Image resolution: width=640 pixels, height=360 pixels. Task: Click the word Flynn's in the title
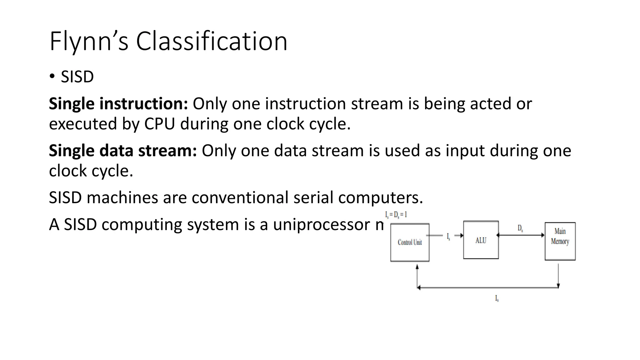[89, 41]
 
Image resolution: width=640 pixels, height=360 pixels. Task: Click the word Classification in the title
[211, 41]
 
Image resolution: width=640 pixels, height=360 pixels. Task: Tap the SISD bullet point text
[77, 77]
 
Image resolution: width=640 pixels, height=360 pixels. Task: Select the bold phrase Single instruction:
[118, 104]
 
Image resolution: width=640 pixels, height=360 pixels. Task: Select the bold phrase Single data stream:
[123, 151]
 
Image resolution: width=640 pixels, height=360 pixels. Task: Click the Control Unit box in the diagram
[410, 242]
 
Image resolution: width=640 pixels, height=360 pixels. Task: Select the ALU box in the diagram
[481, 240]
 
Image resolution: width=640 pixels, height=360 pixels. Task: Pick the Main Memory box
[560, 241]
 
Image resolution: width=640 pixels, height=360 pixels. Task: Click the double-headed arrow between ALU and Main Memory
[521, 235]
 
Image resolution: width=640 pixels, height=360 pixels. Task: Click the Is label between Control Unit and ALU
[448, 237]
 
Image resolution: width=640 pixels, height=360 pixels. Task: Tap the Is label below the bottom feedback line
[497, 298]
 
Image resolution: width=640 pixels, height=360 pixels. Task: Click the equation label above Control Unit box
[396, 215]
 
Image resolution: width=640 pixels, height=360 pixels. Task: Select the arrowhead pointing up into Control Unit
[417, 267]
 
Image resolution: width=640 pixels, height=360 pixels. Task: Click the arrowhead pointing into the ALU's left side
[461, 236]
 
